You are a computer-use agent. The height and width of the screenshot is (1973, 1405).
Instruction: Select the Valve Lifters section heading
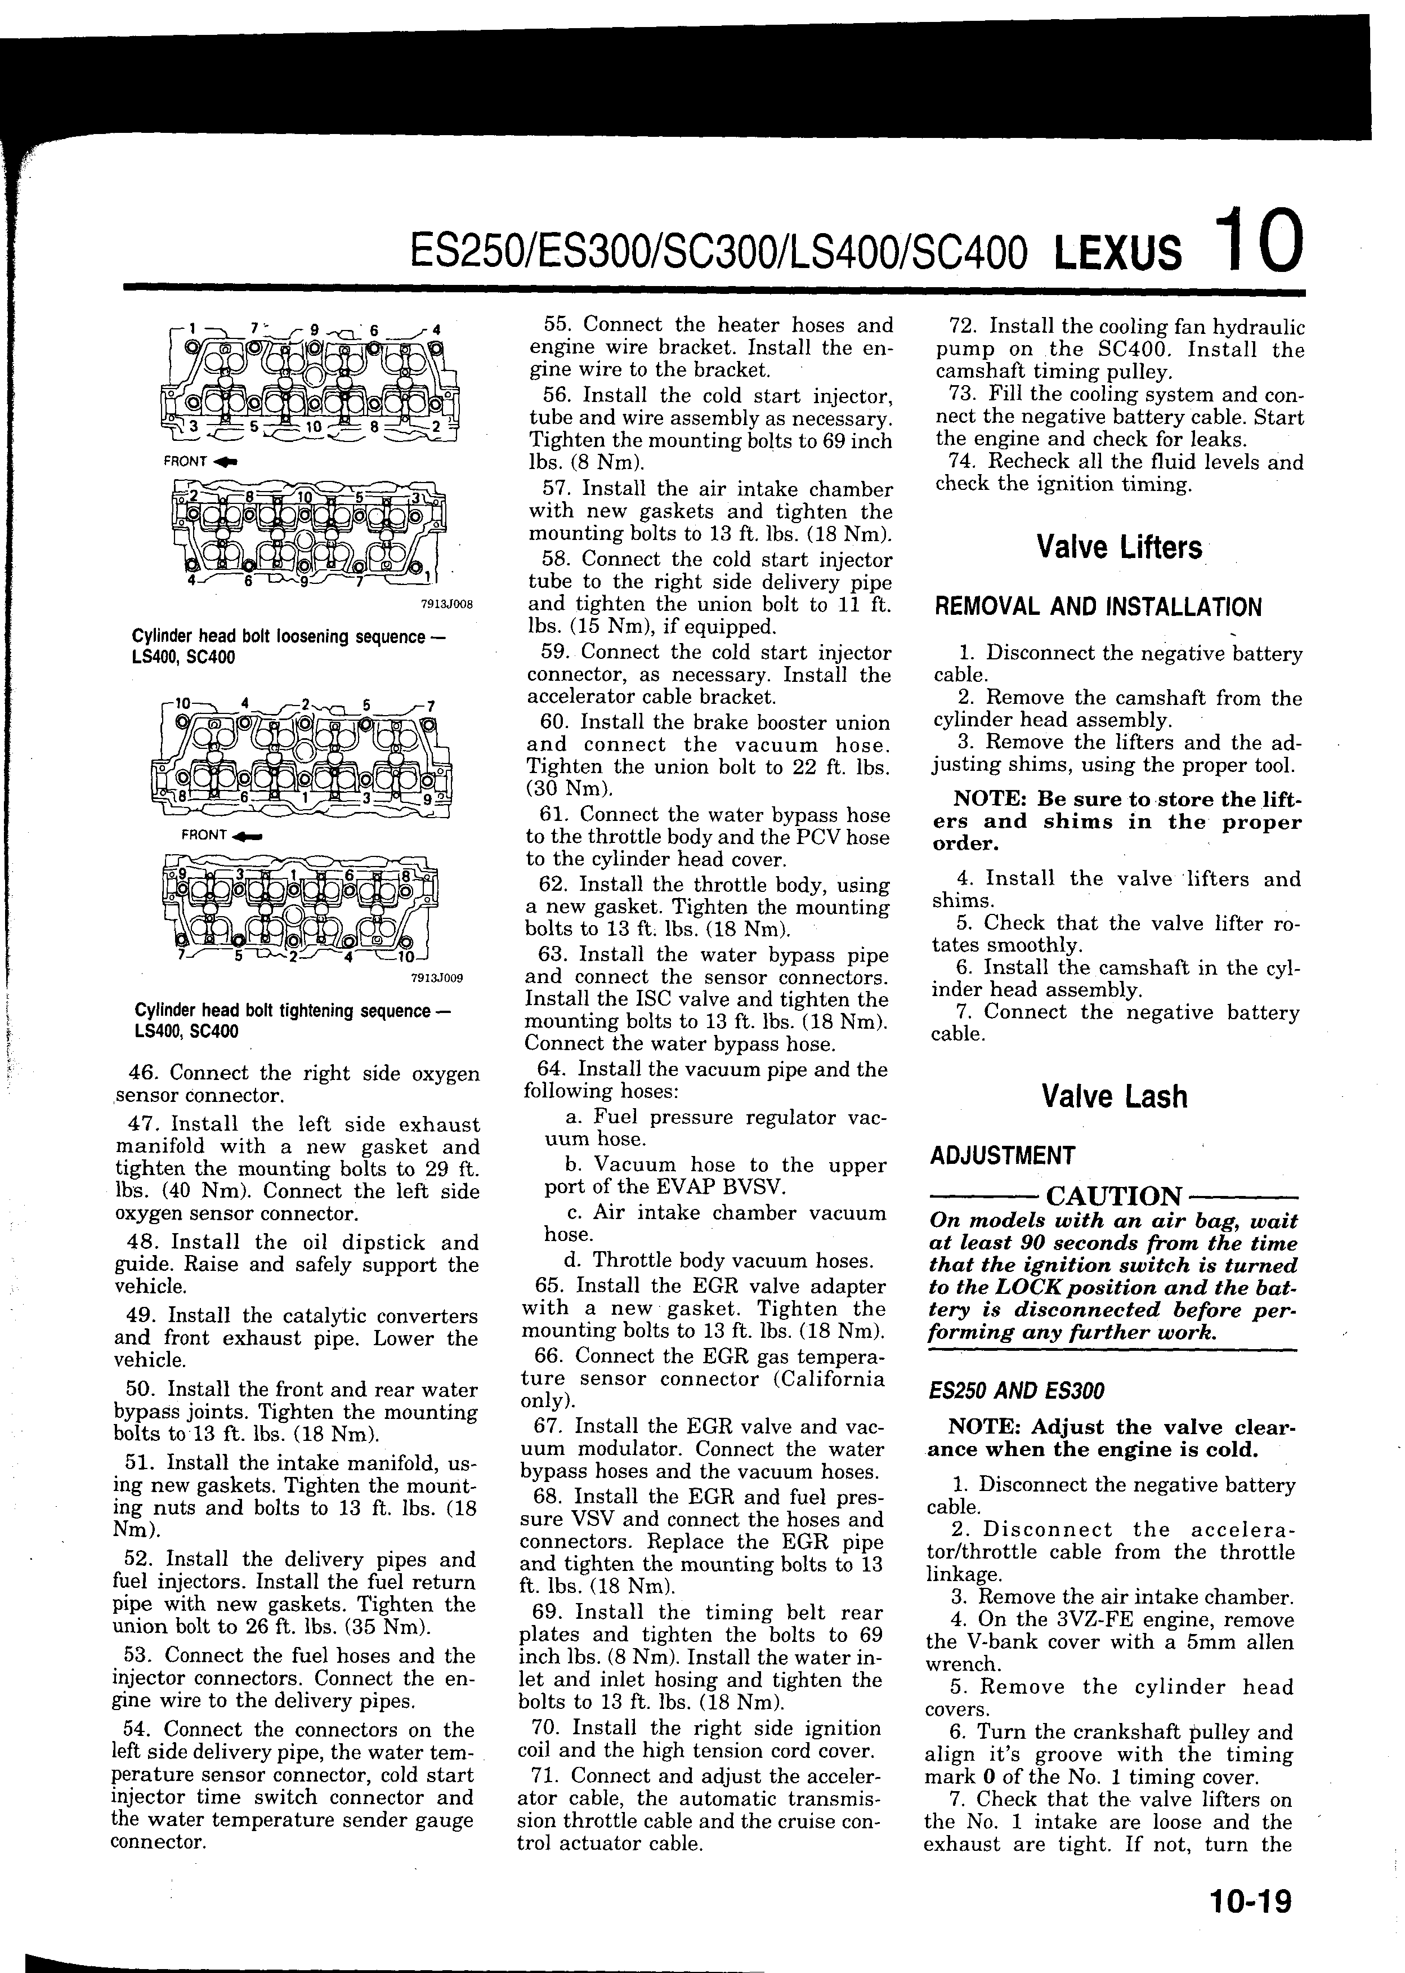[1118, 548]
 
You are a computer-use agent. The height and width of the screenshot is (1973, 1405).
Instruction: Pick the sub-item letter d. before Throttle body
[575, 1261]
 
